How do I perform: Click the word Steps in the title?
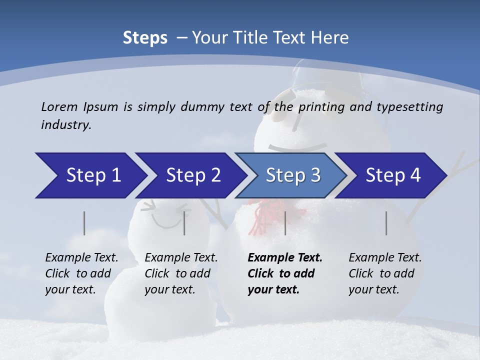[x=145, y=38]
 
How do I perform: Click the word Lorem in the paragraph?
[x=59, y=106]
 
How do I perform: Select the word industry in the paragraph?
[x=66, y=124]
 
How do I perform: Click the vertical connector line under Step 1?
[x=84, y=223]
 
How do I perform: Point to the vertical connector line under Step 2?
[x=184, y=223]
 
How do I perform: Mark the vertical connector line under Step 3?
[x=285, y=223]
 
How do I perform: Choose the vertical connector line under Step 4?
[x=386, y=223]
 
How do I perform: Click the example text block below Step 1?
[x=81, y=273]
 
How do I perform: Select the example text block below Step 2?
[x=181, y=273]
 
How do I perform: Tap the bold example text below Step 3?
[x=285, y=273]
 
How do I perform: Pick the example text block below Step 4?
[x=385, y=273]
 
